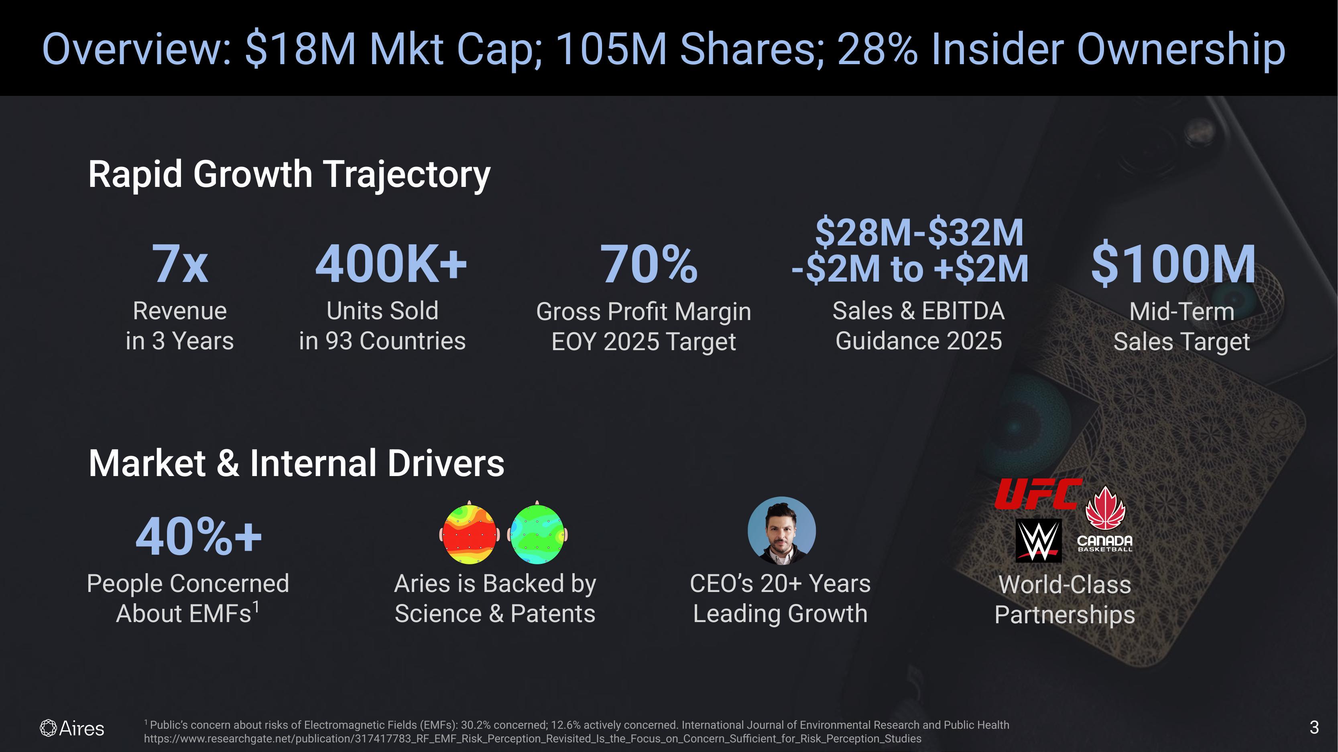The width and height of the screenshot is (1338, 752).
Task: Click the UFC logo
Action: coord(1038,494)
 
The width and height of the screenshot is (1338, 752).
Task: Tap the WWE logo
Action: coord(1038,540)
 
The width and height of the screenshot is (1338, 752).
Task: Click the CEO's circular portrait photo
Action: coord(781,530)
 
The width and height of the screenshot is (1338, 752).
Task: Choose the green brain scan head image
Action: coord(537,533)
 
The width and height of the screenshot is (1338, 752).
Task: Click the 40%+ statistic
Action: coord(198,537)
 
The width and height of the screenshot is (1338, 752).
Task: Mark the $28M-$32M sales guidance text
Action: coord(919,233)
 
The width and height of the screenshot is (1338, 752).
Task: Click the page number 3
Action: coord(1314,728)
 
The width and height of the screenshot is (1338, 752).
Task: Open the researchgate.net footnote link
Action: coord(533,738)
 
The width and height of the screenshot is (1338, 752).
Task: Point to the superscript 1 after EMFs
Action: coord(256,606)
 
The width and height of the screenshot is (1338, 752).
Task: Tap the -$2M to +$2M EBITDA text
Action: coord(909,269)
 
